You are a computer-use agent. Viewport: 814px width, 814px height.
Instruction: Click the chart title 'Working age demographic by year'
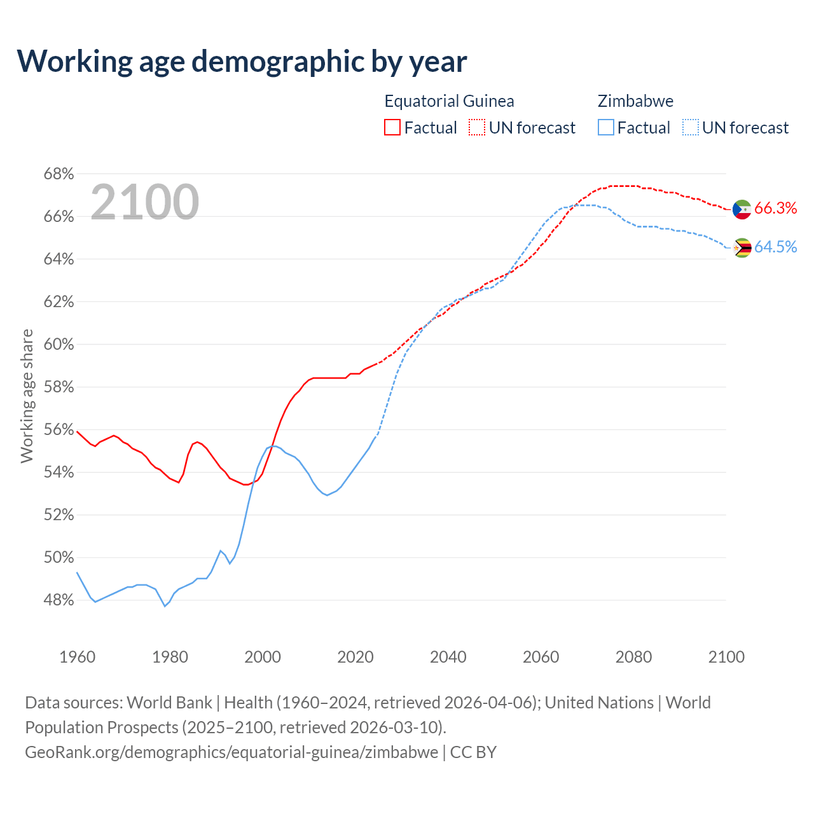coord(242,61)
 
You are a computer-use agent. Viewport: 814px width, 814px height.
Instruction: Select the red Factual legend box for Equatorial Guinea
coord(392,128)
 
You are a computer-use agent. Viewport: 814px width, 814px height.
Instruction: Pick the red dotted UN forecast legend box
coord(477,128)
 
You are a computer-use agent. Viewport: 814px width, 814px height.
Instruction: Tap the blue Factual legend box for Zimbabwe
coord(606,128)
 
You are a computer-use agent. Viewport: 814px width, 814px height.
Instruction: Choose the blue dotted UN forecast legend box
coord(691,128)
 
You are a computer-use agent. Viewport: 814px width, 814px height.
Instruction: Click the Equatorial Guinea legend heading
coord(449,101)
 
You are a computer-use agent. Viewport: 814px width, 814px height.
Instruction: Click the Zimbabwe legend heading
coord(635,101)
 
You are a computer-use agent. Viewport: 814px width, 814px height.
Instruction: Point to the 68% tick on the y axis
coord(59,174)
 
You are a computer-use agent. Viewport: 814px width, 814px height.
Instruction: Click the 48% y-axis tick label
coord(59,600)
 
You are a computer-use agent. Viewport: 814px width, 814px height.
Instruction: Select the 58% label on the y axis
coord(59,387)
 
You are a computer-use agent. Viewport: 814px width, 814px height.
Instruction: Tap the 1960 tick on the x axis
coord(77,657)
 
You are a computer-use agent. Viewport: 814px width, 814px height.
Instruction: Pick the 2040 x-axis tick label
coord(448,657)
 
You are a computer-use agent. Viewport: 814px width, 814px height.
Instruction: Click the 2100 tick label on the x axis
coord(726,657)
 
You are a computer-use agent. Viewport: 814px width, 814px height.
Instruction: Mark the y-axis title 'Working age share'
coord(27,396)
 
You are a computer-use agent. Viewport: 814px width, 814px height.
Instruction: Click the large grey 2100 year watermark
coord(144,202)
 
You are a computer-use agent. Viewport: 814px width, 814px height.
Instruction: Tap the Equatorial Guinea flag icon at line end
coord(742,209)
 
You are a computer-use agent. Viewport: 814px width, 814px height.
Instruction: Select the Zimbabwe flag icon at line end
coord(742,248)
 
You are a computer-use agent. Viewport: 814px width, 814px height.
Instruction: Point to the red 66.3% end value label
coord(775,209)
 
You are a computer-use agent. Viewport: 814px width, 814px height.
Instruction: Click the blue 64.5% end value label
coord(775,247)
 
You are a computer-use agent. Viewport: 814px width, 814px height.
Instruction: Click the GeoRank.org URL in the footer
coord(231,752)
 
